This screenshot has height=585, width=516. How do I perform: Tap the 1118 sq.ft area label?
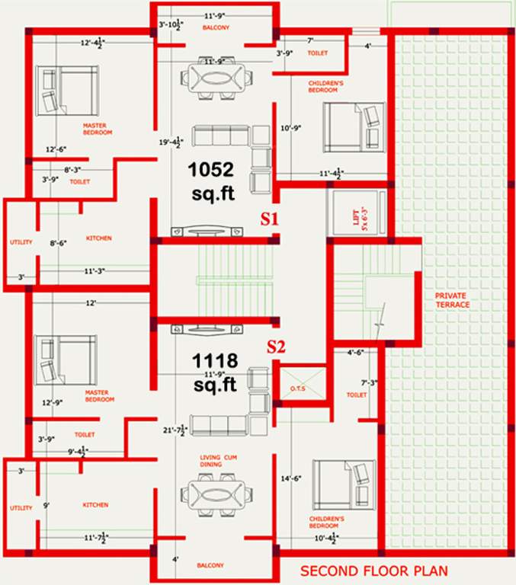coord(216,372)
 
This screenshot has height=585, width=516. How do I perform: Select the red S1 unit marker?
coord(270,219)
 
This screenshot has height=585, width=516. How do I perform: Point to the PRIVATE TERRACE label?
coord(453,299)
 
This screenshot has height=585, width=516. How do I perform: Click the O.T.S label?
coord(296,390)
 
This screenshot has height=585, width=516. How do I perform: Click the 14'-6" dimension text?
coord(291,478)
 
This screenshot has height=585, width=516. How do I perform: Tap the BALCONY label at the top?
coord(215,28)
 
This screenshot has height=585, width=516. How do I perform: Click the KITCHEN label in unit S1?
coord(98,238)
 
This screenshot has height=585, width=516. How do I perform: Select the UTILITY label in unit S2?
coord(20,508)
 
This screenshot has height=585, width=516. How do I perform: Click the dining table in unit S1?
coord(216,77)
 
